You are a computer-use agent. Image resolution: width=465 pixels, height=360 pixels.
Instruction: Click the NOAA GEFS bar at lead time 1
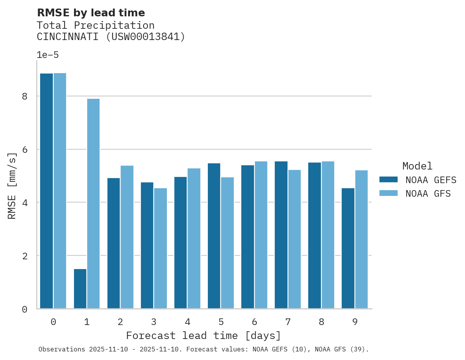coord(80,288)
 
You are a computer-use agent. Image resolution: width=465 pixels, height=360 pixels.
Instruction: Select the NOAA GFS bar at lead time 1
coord(93,204)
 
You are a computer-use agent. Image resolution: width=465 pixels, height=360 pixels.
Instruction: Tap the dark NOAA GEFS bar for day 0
coord(46,191)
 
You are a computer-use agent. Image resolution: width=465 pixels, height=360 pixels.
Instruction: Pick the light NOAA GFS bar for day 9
coord(361,239)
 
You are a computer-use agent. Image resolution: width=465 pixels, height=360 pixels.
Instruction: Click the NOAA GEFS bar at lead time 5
coord(214,236)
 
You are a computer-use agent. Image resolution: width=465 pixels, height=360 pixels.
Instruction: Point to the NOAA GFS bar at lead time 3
coord(160,248)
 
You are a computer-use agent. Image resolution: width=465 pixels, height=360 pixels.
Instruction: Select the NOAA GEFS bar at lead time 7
coord(281,235)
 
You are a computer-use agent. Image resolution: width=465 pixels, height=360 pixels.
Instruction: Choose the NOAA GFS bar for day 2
coord(127,237)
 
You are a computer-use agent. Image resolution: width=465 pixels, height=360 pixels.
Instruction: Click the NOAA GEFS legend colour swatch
coord(388,180)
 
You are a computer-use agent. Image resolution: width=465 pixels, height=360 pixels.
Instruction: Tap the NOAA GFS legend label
coord(428,194)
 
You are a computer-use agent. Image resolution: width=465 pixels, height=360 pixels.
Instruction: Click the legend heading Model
coord(417,166)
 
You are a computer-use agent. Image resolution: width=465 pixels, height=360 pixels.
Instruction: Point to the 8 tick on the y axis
coord(25,96)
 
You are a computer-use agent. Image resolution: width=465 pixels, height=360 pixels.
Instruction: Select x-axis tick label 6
coord(254,322)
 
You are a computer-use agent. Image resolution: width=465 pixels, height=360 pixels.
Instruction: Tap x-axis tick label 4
coord(187,322)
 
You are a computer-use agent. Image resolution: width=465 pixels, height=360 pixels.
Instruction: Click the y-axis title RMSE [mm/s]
coord(12,186)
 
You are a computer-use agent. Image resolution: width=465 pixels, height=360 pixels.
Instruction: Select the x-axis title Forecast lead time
coord(203,336)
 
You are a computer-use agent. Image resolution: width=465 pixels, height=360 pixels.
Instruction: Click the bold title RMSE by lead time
coord(91,13)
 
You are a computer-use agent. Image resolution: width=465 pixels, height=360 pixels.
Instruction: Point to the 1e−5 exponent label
coord(47,55)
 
